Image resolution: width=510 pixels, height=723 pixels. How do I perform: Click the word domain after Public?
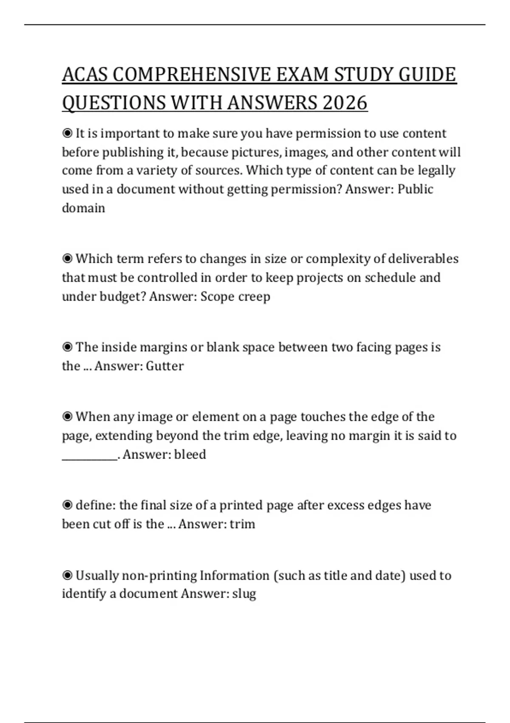[x=83, y=208]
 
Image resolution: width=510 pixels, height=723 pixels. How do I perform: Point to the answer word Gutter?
[x=164, y=366]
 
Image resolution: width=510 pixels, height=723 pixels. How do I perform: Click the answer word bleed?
[x=190, y=455]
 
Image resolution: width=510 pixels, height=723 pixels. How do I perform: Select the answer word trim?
[x=242, y=524]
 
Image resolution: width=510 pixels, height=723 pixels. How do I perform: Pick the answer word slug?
[x=244, y=594]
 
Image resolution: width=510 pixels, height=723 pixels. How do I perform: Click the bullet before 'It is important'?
[x=67, y=134]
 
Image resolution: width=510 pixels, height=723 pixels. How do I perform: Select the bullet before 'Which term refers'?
[x=67, y=259]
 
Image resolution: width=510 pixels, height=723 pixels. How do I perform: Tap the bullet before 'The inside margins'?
[x=67, y=347]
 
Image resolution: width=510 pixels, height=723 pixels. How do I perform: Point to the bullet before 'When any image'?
[x=67, y=417]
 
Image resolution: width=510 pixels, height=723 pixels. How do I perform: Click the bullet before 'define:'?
[x=67, y=505]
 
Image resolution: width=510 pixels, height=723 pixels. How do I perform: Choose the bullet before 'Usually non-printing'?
[x=67, y=576]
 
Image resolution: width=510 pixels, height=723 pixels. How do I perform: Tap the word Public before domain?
[x=415, y=189]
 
